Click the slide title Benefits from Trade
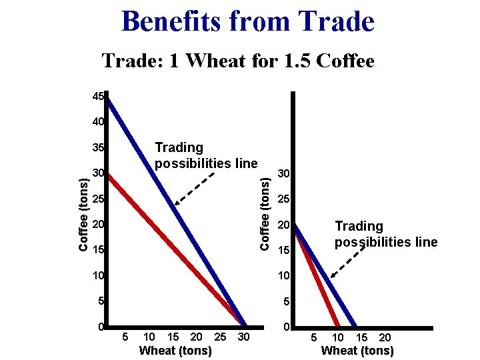[x=248, y=21]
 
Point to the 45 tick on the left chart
[x=98, y=97]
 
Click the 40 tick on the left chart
[x=98, y=122]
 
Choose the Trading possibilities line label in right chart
[x=385, y=234]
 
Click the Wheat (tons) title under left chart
[x=175, y=351]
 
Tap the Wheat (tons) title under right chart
[x=357, y=351]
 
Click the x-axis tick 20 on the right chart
[x=385, y=338]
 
